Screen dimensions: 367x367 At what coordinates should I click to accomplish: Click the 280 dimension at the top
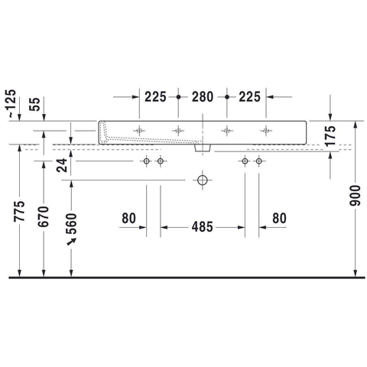coord(203,97)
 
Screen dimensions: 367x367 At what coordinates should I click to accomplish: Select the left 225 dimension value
coord(155,97)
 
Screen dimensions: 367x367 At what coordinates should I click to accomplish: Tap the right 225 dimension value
coord(249,97)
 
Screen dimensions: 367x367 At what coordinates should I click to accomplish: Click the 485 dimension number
coord(203,227)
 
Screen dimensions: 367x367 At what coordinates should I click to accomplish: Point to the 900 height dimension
coord(355,196)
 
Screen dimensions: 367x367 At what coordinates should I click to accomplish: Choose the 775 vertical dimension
coord(19,211)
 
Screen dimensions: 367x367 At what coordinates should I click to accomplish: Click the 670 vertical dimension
coord(43,216)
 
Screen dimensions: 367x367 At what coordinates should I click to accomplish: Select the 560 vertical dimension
coord(71,223)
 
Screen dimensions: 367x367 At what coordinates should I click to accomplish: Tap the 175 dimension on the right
coord(330,136)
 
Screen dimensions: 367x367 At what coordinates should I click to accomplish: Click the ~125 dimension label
coord(11,104)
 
